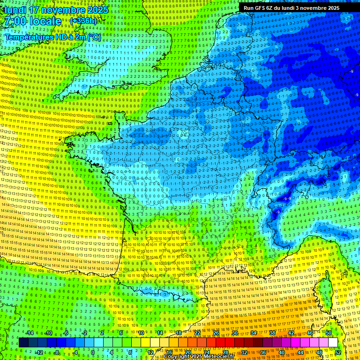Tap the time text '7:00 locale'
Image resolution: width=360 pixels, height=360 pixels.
point(32,21)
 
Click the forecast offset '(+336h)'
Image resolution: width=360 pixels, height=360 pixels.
point(83,21)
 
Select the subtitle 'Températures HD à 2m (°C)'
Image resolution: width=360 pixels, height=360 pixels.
point(52,37)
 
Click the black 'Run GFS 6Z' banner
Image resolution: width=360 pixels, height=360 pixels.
point(292,7)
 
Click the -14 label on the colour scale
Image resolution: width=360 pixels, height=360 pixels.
point(29,333)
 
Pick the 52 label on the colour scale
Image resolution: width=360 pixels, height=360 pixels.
point(338,352)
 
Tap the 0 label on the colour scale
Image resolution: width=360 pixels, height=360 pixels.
point(93,352)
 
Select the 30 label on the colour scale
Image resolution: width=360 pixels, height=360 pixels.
point(235,333)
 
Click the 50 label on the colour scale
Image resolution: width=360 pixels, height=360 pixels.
point(329,333)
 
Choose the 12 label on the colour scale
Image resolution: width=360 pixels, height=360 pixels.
point(150,352)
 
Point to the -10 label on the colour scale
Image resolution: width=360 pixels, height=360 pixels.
point(48,333)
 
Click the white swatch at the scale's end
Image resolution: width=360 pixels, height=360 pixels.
point(333,343)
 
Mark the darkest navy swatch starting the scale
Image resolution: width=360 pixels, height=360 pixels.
point(23,343)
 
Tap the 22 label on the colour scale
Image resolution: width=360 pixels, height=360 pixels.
point(197,333)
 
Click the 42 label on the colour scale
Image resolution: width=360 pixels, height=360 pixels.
point(291,333)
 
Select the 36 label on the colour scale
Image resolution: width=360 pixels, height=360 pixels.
point(263,352)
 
